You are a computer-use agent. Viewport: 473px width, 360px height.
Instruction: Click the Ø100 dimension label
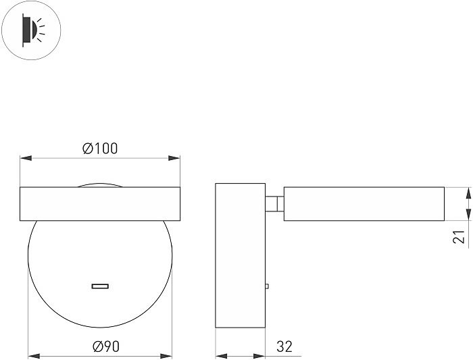[x=100, y=149]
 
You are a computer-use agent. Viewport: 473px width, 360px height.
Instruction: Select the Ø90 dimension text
[x=106, y=346]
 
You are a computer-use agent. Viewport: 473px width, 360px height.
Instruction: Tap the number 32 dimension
[x=284, y=346]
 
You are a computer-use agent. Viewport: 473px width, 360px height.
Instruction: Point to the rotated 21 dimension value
[x=459, y=236]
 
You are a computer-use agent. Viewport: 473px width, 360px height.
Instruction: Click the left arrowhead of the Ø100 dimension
[x=26, y=158]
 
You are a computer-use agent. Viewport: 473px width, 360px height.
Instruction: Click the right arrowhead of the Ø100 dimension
[x=174, y=158]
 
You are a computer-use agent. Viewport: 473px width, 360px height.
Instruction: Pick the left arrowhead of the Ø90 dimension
[x=34, y=356]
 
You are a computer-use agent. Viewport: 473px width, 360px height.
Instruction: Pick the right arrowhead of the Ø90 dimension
[x=166, y=356]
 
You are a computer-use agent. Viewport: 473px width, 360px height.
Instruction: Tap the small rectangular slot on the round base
[x=100, y=286]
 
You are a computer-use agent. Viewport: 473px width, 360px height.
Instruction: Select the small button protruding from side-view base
[x=267, y=286]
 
